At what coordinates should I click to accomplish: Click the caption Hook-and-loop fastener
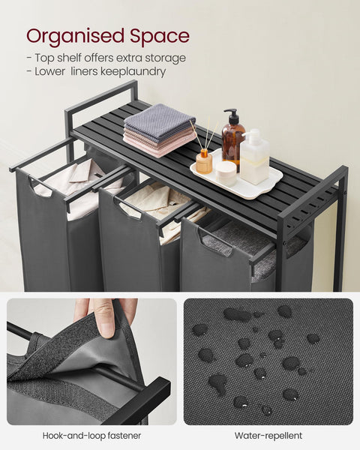(x=91, y=435)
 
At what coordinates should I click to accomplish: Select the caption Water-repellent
(x=268, y=435)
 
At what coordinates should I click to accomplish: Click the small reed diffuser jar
(x=204, y=162)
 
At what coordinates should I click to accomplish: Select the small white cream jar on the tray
(x=226, y=173)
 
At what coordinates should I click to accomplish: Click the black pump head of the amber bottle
(x=232, y=116)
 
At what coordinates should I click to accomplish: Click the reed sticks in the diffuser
(x=201, y=137)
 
